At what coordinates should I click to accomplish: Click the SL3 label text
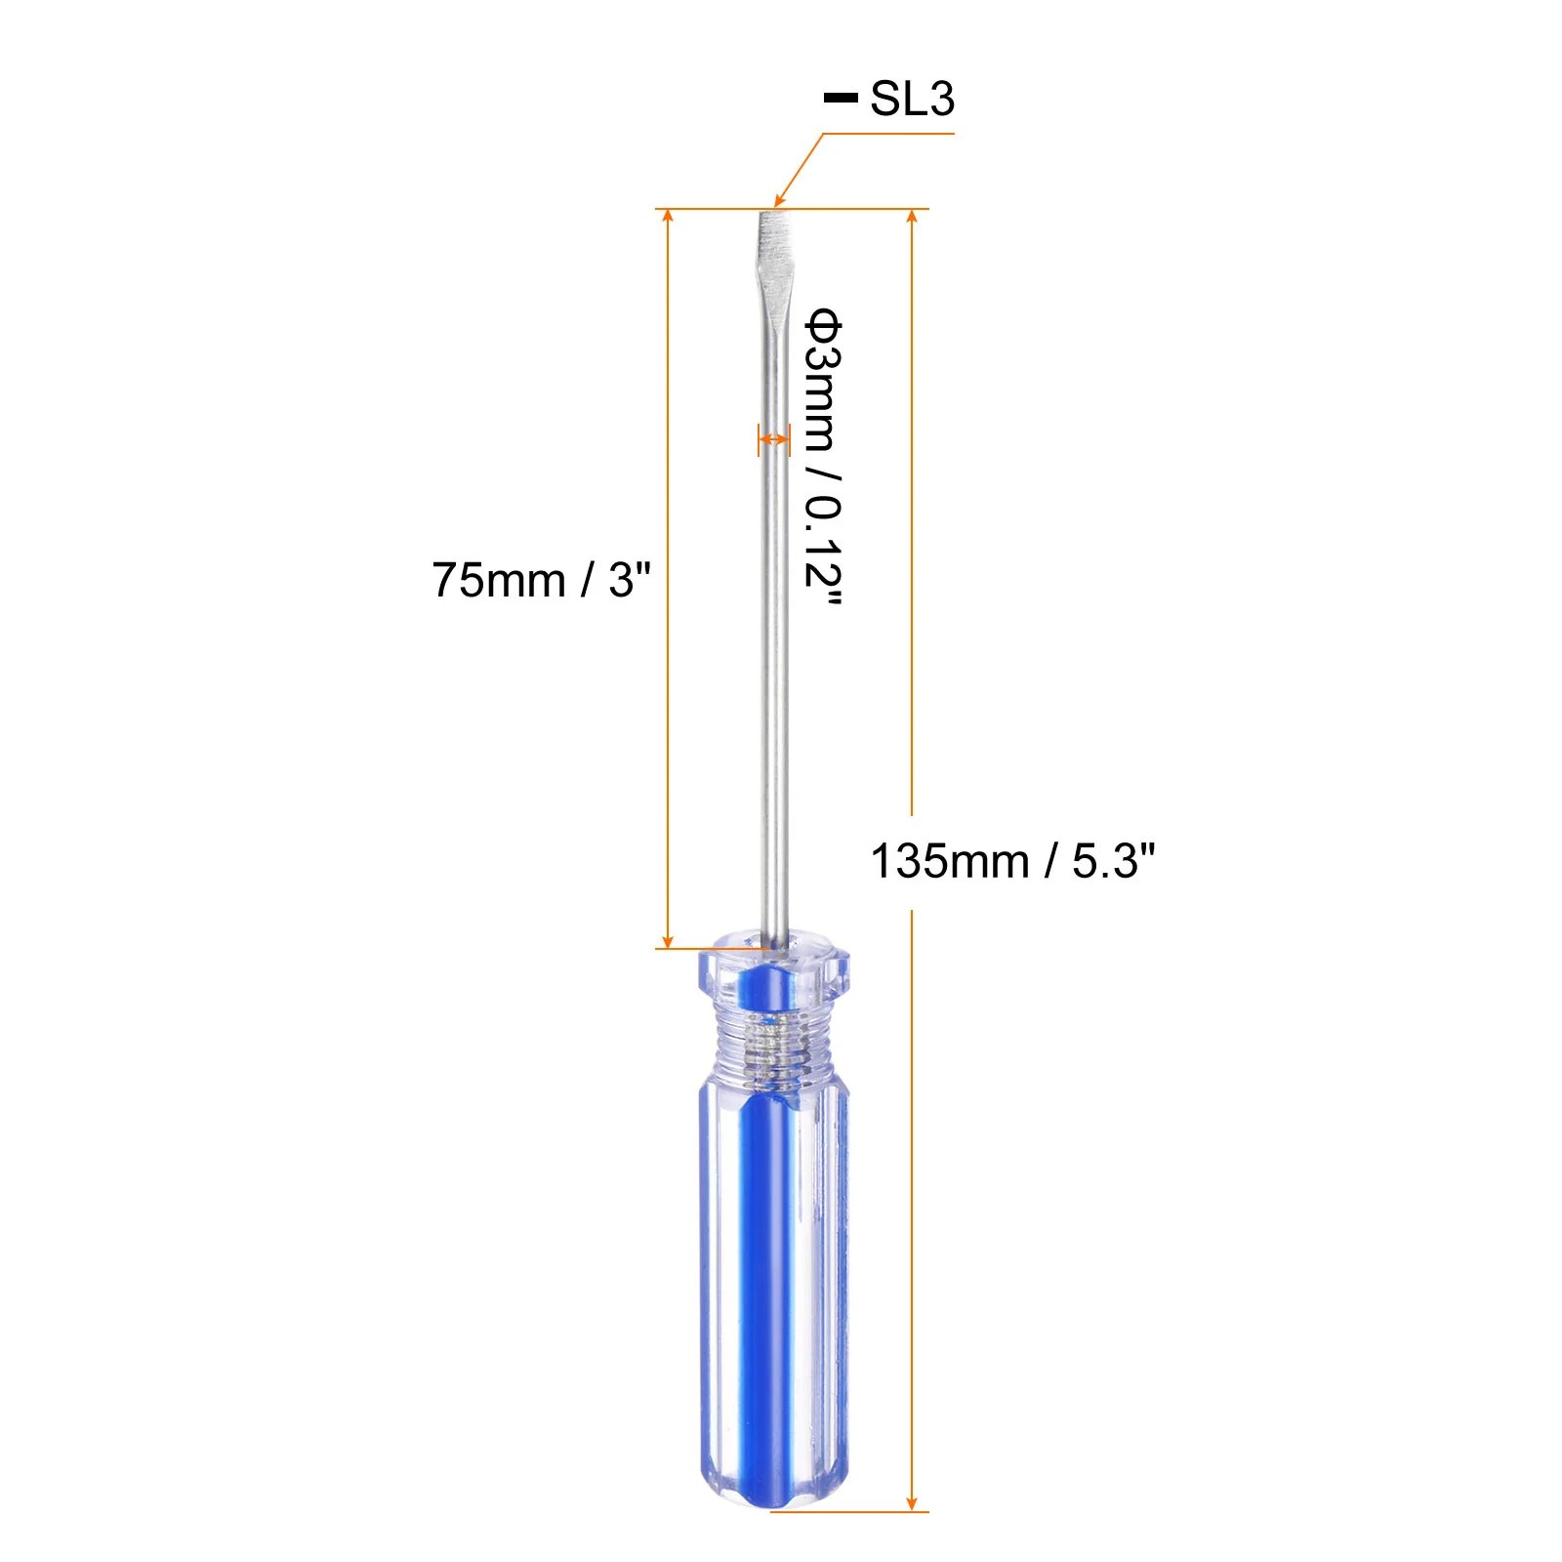click(x=912, y=99)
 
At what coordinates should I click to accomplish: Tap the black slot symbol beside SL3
click(x=841, y=98)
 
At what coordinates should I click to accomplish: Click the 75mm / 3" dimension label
click(x=541, y=580)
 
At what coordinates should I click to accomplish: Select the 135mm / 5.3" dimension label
click(x=1012, y=861)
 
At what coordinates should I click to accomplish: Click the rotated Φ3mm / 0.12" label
click(x=823, y=456)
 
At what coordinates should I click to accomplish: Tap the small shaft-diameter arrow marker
click(x=774, y=440)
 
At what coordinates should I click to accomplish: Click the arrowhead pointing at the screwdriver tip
click(x=779, y=200)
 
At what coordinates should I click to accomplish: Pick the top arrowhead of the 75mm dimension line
click(x=668, y=216)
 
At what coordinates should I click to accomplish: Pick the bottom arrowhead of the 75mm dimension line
click(x=668, y=940)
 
